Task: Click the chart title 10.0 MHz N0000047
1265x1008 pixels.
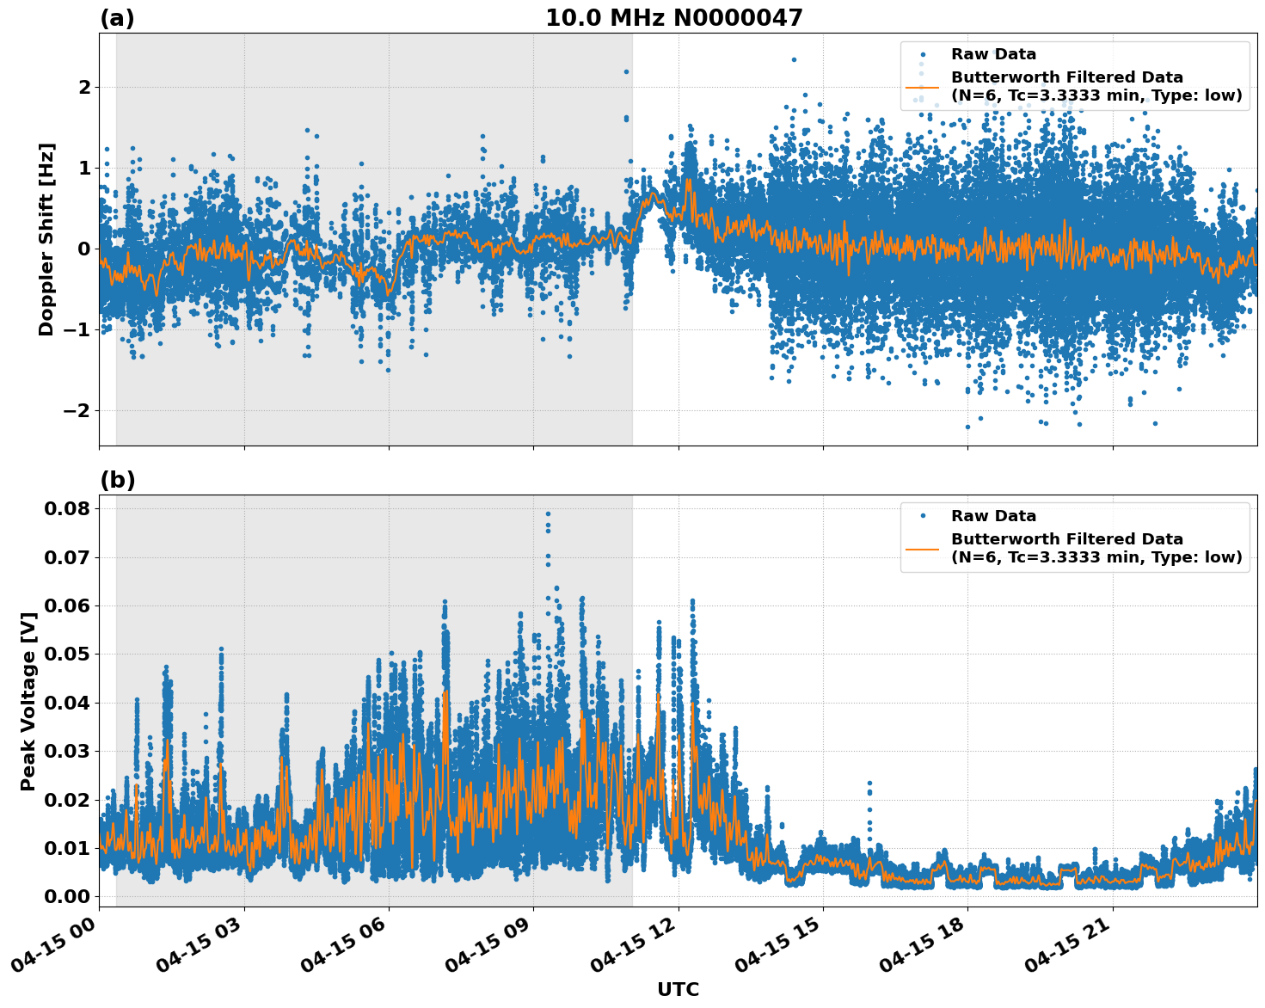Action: point(673,18)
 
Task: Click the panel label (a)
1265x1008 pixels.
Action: point(117,18)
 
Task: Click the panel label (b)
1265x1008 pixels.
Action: point(117,480)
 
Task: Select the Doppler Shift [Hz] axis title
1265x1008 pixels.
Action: point(46,239)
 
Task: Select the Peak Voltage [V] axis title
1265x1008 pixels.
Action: point(28,701)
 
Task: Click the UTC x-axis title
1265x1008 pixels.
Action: point(678,989)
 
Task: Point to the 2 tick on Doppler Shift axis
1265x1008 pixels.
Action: point(84,87)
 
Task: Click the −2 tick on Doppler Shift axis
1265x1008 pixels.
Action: point(77,410)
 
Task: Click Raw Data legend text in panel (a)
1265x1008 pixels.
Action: point(993,55)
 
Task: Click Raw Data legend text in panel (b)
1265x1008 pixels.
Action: point(993,516)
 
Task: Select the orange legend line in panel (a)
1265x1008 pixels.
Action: point(922,87)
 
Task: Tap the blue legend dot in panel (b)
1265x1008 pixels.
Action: point(923,516)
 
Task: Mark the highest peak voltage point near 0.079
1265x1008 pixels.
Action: point(548,513)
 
